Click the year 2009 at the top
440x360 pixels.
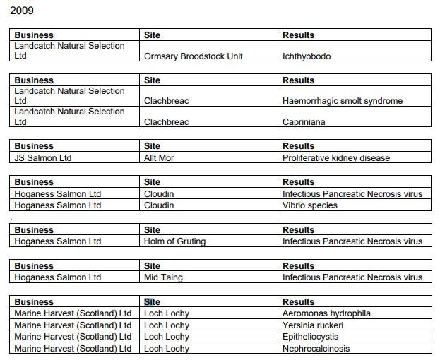click(22, 11)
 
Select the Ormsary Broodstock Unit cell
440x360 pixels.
click(193, 56)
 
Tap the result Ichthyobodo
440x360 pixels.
click(307, 56)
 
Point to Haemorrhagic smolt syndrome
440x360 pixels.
click(343, 101)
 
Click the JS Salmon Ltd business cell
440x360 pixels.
click(43, 158)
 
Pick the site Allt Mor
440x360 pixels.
click(159, 158)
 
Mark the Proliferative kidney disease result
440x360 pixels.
click(336, 158)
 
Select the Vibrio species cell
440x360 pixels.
click(310, 205)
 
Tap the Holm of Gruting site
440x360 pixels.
click(174, 241)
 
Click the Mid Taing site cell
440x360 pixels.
click(163, 277)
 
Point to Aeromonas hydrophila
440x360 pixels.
click(326, 313)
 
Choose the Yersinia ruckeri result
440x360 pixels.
click(313, 325)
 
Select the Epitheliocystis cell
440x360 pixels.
click(311, 337)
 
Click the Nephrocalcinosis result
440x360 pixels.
click(316, 349)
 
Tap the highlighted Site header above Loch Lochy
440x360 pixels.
click(152, 302)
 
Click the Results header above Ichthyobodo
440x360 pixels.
click(298, 35)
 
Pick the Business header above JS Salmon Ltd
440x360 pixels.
click(33, 146)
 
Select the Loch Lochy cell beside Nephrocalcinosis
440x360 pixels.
click(167, 349)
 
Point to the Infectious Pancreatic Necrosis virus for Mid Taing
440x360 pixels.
click(352, 277)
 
